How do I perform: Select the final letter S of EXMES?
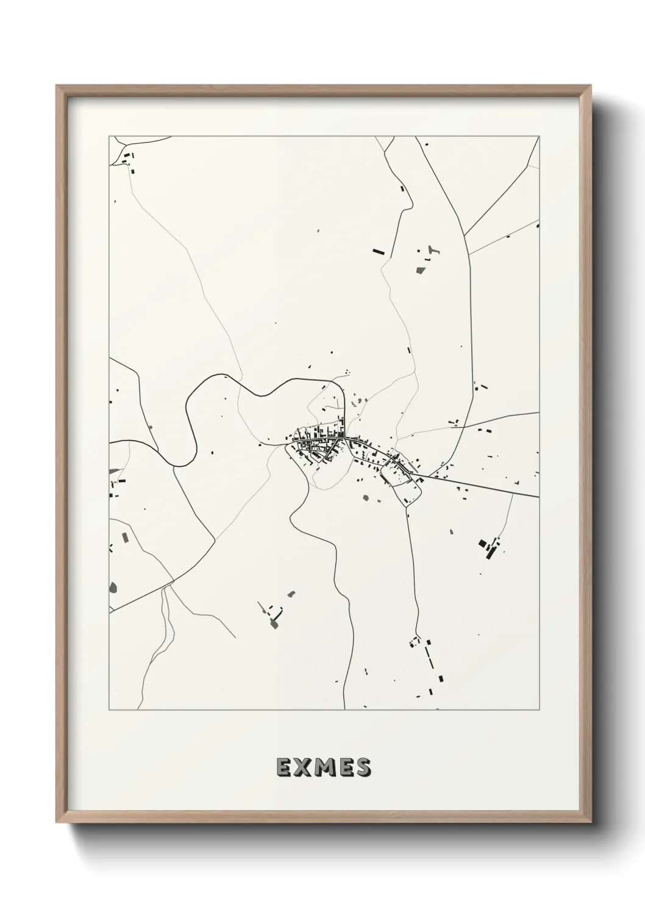coord(363,767)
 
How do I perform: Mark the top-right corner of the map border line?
coord(539,137)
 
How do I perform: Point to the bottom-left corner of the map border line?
coord(110,709)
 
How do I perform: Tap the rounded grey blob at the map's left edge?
coord(113,588)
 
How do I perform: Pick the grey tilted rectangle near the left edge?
coord(126,537)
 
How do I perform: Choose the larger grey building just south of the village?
coord(366,498)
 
